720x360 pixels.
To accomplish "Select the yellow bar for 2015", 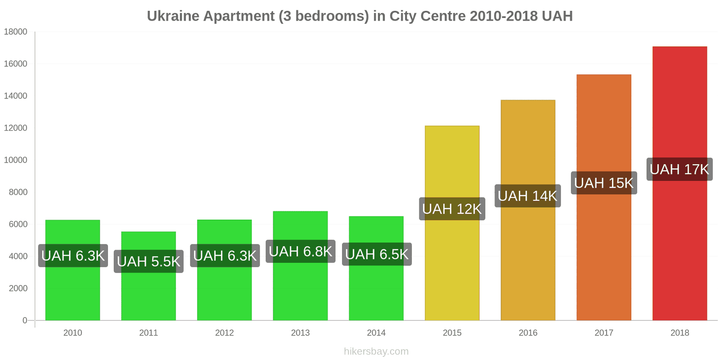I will (452, 270).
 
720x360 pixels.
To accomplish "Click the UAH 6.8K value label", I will (300, 252).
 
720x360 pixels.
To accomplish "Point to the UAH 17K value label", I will (679, 169).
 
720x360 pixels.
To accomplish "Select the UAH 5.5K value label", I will (148, 261).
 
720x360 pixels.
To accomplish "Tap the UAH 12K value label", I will (452, 209).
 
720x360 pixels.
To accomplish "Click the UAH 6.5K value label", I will (377, 254).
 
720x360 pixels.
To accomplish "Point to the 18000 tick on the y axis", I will (16, 32).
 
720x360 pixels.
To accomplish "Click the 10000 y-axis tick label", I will (16, 160).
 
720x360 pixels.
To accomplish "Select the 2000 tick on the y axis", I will (18, 288).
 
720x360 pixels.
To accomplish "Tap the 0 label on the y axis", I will (25, 320).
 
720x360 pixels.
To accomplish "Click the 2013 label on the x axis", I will (300, 333).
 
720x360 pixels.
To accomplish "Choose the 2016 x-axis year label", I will (528, 333).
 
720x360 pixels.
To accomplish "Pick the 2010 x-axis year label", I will (72, 333).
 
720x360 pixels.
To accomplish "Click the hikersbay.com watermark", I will (376, 351).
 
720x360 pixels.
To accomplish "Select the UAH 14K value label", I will (527, 196).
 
